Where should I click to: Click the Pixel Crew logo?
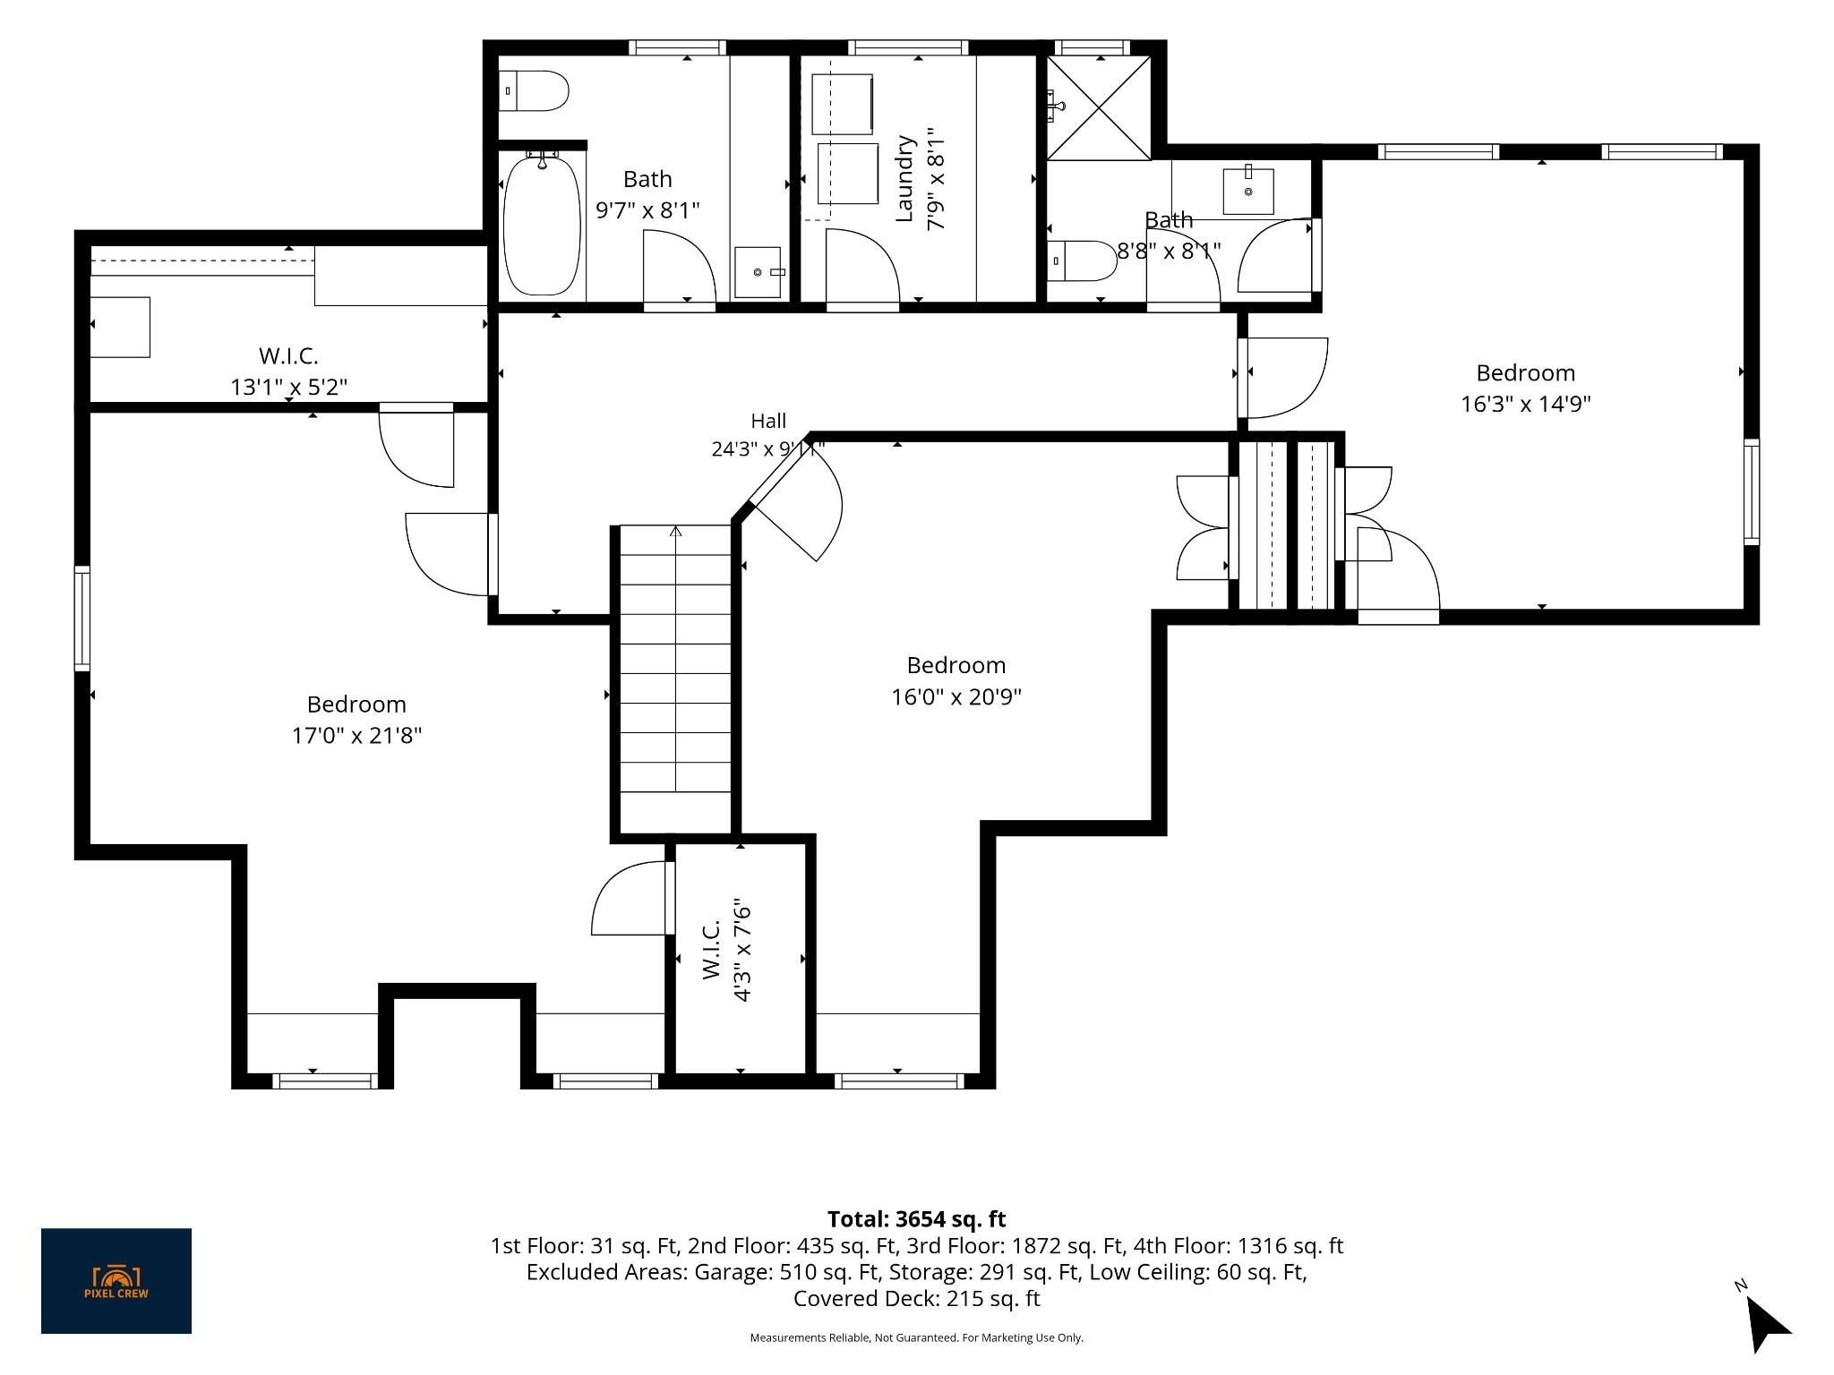coord(116,1281)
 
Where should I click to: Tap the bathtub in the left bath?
coord(542,225)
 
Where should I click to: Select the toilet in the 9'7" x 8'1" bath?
coord(534,91)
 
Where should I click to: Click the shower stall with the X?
coord(1099,107)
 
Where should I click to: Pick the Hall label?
coord(768,421)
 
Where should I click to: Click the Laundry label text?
coord(905,178)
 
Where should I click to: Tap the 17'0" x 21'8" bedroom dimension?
coord(356,736)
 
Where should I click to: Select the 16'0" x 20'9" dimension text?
coord(956,696)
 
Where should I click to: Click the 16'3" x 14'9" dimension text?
coord(1526,404)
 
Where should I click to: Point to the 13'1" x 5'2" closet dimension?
coord(289,387)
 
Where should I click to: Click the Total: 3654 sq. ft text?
coord(916,1219)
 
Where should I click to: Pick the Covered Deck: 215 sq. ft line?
coord(916,1299)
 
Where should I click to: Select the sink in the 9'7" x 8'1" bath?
coord(758,271)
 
